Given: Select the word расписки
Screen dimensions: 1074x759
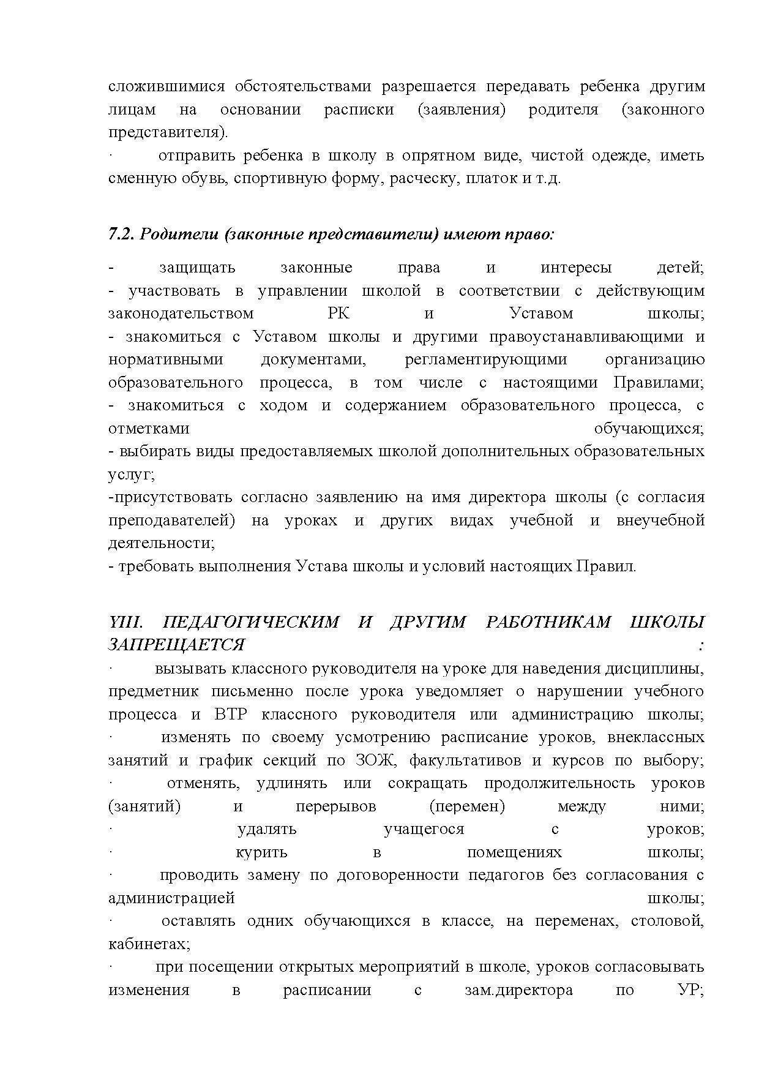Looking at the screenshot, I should click(x=359, y=110).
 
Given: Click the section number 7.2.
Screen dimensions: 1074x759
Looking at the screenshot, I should click(x=121, y=235).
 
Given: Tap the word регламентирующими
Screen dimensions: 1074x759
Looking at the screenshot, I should click(x=485, y=359).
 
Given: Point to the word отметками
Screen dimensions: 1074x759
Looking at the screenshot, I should click(x=149, y=429).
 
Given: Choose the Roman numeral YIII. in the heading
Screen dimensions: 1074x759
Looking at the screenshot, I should click(x=125, y=622).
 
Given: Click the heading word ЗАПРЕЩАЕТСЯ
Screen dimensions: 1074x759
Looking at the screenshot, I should click(x=176, y=645).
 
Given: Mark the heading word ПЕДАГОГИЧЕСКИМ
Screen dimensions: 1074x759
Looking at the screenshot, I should click(x=251, y=622).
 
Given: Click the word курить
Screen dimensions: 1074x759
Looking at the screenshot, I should click(x=261, y=852).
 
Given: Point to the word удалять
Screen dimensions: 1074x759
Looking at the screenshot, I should click(x=266, y=830).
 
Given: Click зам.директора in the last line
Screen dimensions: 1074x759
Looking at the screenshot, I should click(x=518, y=990).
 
